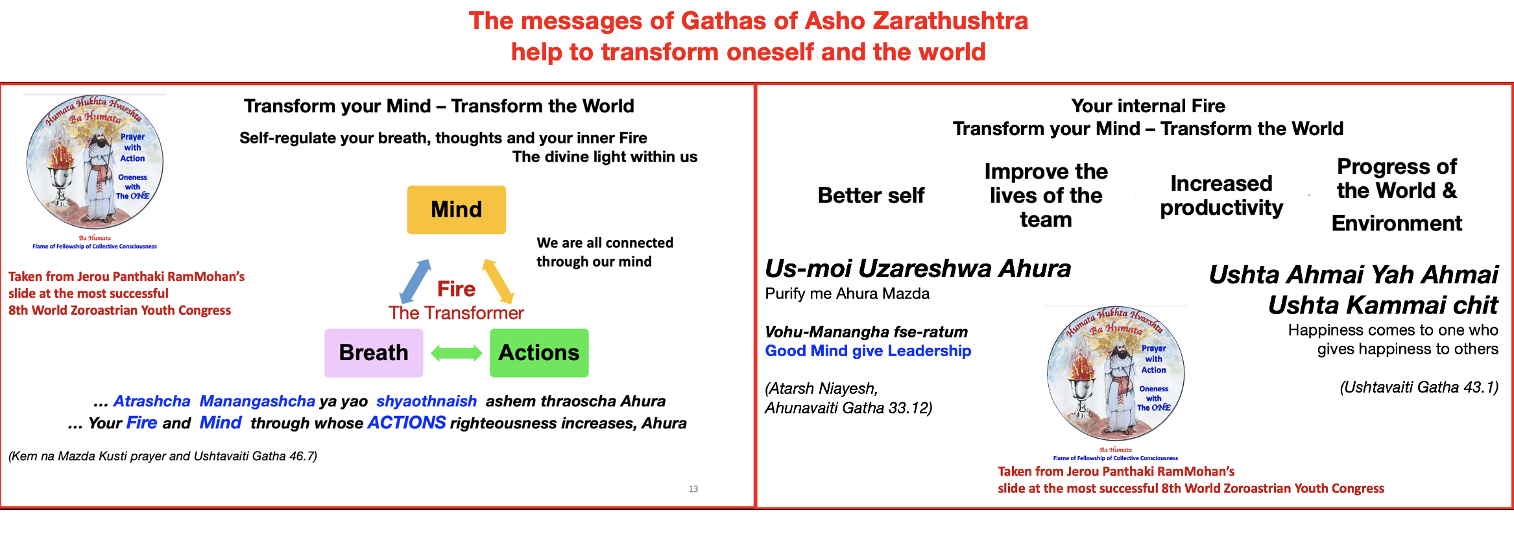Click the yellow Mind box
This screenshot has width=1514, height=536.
457,210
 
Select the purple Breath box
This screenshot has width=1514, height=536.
374,353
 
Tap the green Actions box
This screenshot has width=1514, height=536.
539,353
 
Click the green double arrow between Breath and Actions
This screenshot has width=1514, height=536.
457,353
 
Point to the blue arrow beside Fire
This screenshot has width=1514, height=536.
415,282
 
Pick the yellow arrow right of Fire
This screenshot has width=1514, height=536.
498,282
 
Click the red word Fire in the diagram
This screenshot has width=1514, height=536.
456,289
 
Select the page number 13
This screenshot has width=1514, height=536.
693,489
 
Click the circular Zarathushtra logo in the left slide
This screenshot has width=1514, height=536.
95,162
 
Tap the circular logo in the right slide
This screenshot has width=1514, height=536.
1116,373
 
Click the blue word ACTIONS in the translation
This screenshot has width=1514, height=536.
407,423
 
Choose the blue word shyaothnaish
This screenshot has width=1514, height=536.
426,402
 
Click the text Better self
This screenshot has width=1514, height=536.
871,195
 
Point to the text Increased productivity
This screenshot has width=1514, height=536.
1221,195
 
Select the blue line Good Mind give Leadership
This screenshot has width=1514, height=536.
868,351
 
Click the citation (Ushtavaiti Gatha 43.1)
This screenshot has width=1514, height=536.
1419,387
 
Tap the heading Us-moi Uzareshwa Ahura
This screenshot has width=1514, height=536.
918,269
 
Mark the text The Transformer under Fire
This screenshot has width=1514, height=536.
456,313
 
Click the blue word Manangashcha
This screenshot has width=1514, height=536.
258,402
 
